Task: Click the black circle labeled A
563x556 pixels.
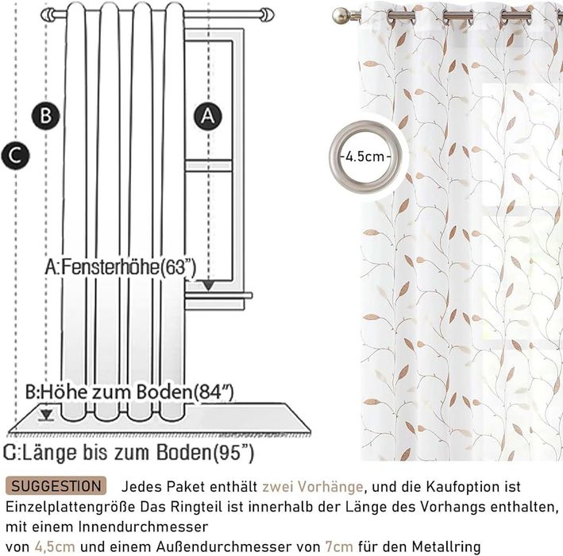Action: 208,116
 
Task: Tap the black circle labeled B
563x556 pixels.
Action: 46,116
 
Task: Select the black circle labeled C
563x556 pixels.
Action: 15,156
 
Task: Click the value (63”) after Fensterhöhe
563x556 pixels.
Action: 178,268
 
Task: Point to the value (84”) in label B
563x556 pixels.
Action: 214,392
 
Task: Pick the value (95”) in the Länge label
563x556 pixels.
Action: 233,453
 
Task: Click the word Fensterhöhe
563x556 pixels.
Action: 110,267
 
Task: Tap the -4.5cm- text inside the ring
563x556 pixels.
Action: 365,156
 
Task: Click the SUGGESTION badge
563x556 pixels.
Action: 56,486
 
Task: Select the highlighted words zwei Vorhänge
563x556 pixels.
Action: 313,487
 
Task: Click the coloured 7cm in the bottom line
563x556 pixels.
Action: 339,547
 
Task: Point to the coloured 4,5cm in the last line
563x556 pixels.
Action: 55,547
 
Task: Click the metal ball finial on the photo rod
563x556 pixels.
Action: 339,16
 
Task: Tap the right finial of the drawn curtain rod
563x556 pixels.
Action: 267,15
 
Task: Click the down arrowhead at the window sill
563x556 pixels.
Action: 209,286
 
